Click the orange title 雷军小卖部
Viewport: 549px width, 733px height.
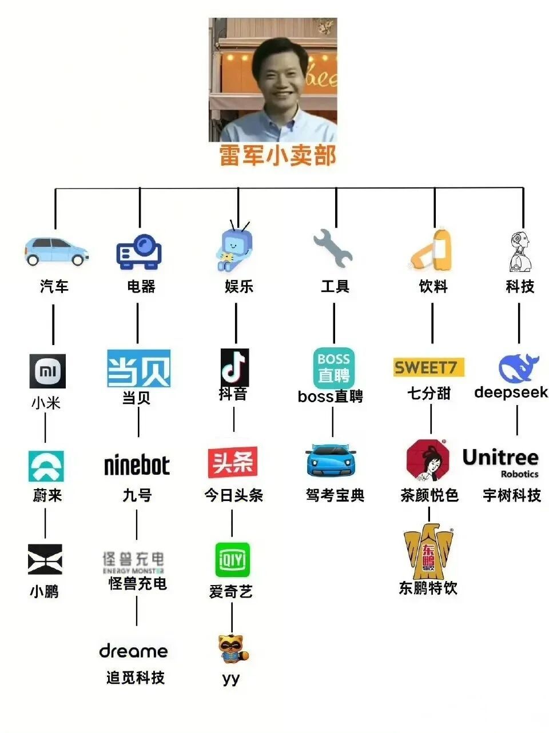278,155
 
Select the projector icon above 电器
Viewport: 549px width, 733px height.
140,252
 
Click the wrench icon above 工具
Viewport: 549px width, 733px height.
333,249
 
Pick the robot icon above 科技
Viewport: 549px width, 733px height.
520,251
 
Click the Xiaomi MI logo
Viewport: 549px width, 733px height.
47,371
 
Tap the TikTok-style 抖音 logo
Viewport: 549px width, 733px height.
234,367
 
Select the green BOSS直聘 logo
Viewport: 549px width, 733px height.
333,368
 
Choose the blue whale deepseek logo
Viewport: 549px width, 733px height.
518,368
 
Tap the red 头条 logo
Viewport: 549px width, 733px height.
232,462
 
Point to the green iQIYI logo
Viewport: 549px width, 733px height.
232,560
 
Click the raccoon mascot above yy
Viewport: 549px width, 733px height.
233,649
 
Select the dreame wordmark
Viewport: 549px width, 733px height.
134,651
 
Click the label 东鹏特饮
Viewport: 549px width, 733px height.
428,588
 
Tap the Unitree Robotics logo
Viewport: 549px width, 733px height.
501,462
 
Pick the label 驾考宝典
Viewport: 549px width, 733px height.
335,495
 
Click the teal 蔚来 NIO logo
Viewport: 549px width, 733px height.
46,466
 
